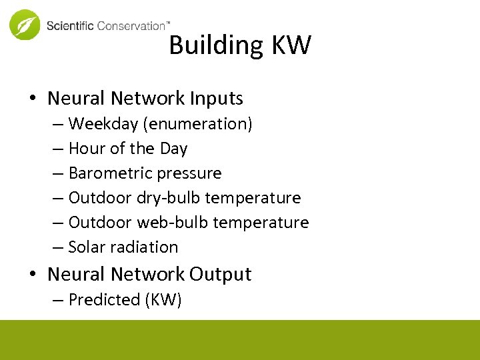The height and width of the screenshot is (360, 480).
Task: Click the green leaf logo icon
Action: [25, 25]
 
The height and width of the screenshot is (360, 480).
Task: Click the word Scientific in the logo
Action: [70, 26]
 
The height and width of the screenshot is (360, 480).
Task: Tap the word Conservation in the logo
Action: [131, 26]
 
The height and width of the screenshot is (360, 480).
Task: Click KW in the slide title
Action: [291, 45]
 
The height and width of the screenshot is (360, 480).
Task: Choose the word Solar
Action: [87, 247]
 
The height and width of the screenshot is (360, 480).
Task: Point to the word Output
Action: [220, 275]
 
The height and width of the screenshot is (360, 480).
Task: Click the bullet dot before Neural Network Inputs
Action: [33, 99]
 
